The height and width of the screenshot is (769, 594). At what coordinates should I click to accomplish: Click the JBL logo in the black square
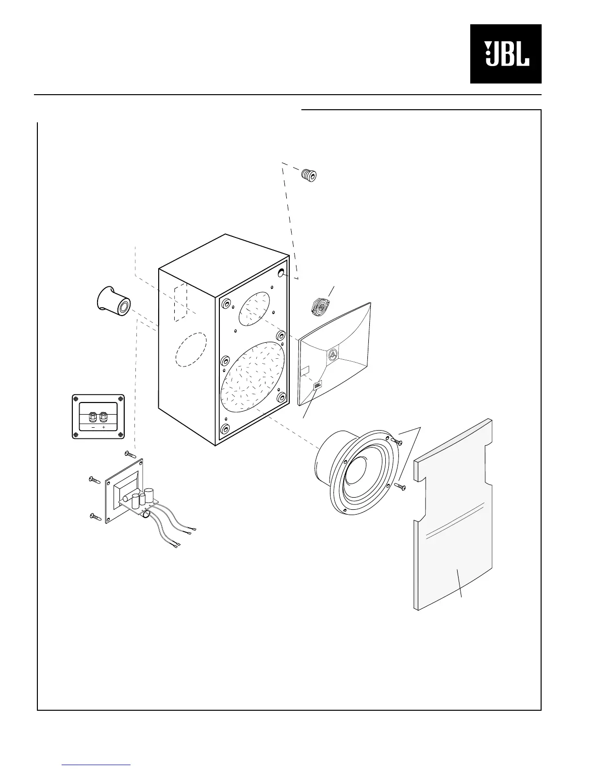click(506, 54)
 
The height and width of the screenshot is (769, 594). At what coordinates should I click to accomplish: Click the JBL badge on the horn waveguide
click(318, 386)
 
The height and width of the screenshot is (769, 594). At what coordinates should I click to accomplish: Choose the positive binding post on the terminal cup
click(103, 417)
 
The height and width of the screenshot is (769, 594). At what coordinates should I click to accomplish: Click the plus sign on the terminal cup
click(104, 429)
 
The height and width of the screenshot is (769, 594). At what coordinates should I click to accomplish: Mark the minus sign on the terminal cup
click(93, 429)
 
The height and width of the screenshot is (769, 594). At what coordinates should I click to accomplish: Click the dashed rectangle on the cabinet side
click(180, 300)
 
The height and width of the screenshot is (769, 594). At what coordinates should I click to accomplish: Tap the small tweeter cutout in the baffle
click(254, 309)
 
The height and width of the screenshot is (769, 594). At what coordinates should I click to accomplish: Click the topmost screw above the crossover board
click(130, 454)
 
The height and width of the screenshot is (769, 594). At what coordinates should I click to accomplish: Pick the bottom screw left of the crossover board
click(95, 517)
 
